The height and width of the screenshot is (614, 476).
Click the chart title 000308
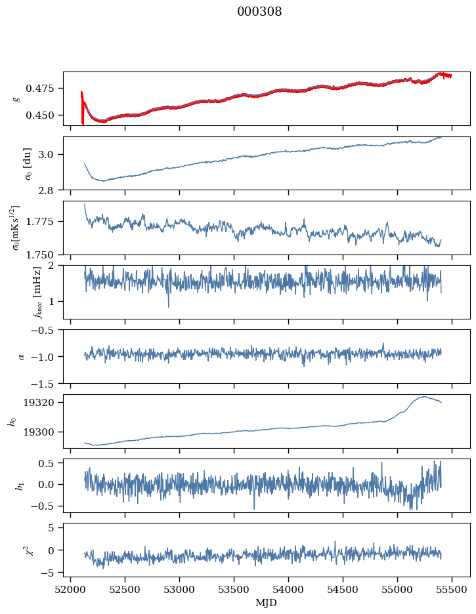tap(259, 12)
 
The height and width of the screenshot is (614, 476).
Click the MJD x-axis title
tap(266, 603)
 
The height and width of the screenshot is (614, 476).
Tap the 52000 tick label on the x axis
tap(70, 590)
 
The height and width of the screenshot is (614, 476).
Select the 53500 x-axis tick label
tap(234, 590)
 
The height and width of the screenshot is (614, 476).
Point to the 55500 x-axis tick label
tap(452, 590)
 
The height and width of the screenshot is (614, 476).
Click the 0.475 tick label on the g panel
tap(39, 89)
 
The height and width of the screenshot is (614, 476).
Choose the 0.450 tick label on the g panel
tap(39, 115)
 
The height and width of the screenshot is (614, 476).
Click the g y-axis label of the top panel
tap(16, 99)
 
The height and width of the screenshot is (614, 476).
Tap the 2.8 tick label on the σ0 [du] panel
tap(45, 190)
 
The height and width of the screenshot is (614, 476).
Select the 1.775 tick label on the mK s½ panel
tap(39, 222)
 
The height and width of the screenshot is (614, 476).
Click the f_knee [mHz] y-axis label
tap(37, 293)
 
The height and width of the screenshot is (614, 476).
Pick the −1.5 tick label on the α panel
tap(42, 384)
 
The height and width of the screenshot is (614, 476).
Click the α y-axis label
tap(21, 357)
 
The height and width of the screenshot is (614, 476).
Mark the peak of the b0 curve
tap(424, 397)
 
